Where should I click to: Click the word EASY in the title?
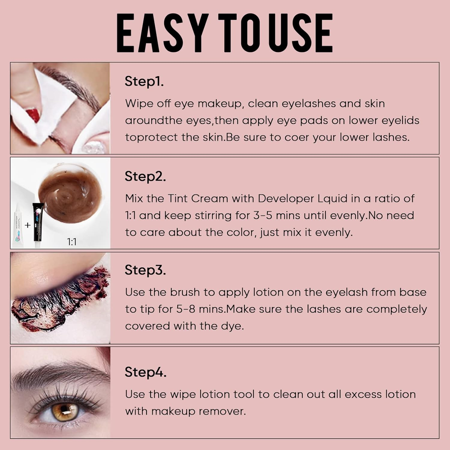point(162,33)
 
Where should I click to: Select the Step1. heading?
point(144,81)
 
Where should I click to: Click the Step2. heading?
point(145,176)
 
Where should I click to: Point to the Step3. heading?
point(145,270)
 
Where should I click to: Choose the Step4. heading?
point(145,372)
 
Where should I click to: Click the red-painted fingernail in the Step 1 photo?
point(33,115)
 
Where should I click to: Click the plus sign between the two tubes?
point(28,225)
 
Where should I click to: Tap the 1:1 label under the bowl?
point(72,242)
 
